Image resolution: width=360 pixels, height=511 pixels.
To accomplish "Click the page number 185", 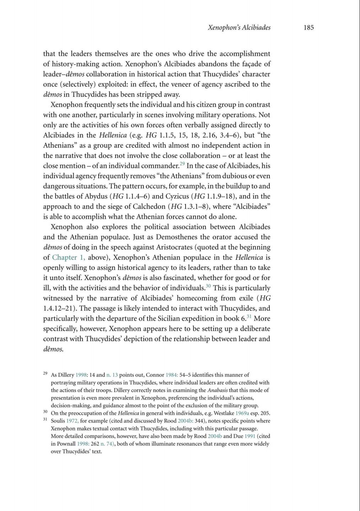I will pos(308,28).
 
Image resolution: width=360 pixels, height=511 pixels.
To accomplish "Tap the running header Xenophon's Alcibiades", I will pos(239,28).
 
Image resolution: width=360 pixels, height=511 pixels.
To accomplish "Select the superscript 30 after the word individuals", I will pos(208,286).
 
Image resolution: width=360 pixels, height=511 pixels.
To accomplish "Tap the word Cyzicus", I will pos(177,196).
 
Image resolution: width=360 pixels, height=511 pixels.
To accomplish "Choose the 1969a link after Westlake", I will pos(242,413).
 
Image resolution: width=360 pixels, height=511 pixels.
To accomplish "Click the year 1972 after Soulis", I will pos(72,421).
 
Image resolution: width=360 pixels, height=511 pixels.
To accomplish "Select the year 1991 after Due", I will pos(250,436).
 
